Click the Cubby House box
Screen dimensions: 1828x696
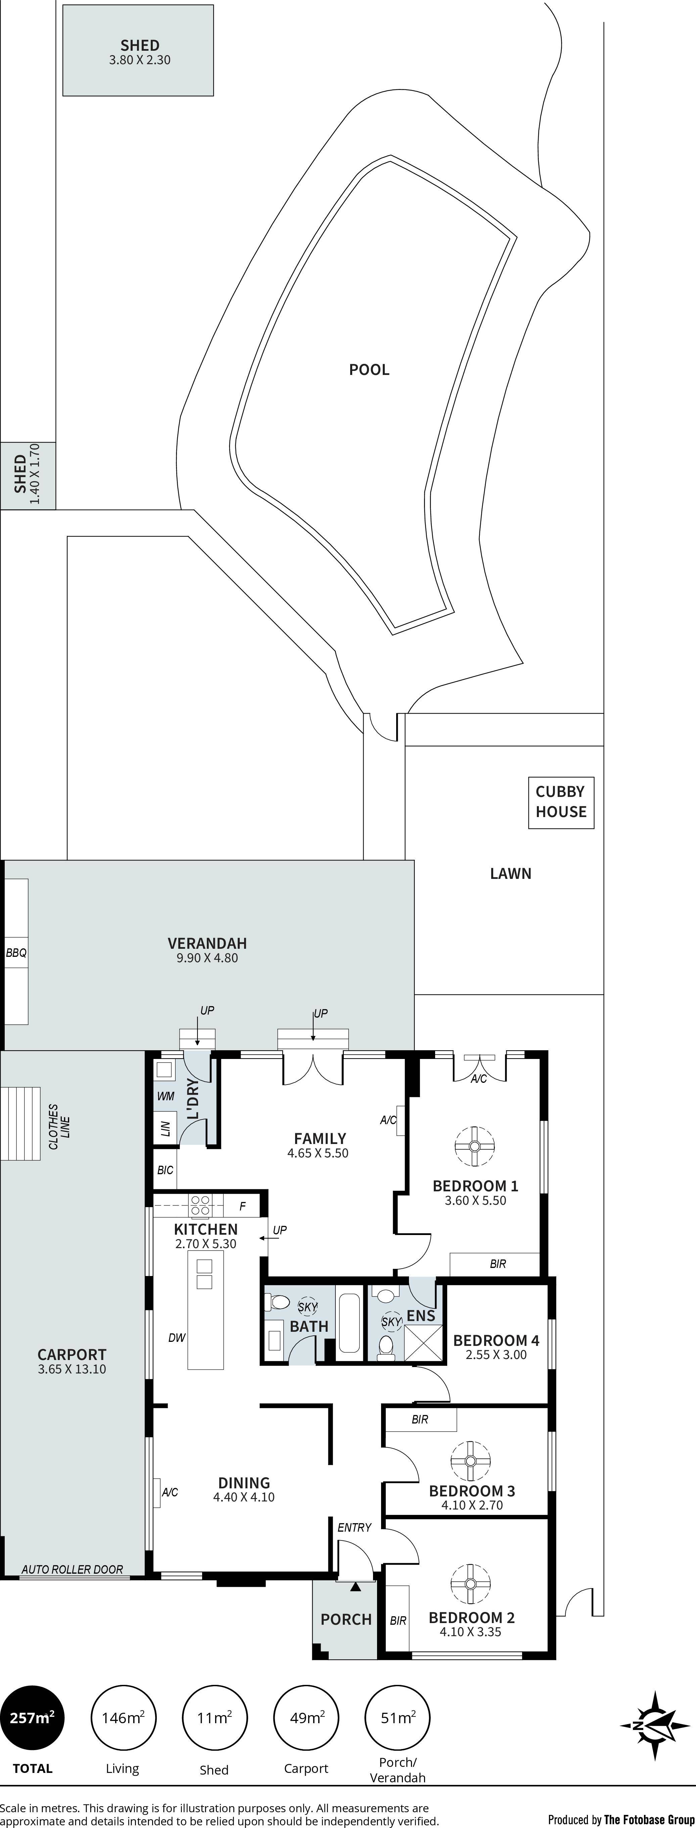click(560, 803)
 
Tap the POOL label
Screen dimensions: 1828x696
click(369, 370)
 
